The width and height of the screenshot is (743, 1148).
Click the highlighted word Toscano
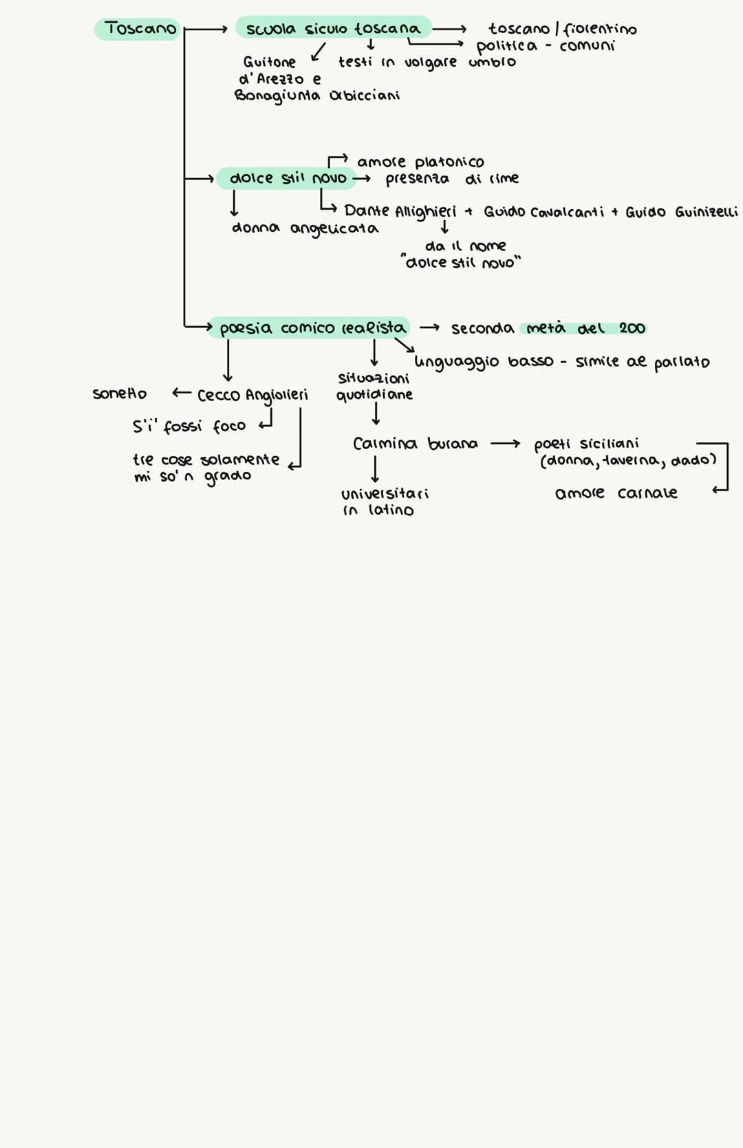(x=140, y=29)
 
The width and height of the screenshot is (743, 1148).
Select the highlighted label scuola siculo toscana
(x=333, y=29)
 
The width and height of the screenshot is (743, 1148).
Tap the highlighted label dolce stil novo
(x=288, y=179)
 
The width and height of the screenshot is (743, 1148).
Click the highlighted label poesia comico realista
(x=312, y=328)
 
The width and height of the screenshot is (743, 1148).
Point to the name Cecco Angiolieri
(x=252, y=396)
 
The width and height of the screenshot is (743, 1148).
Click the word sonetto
(x=120, y=394)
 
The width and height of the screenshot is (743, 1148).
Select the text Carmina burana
(x=415, y=444)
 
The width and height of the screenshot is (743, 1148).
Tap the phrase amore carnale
(x=616, y=493)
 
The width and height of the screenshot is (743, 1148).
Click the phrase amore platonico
(x=420, y=162)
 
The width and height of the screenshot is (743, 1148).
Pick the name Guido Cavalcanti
(x=543, y=212)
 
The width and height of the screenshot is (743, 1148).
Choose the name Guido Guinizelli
(x=681, y=212)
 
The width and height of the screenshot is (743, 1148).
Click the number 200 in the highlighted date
(x=632, y=329)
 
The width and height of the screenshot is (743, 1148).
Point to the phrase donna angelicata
(x=305, y=228)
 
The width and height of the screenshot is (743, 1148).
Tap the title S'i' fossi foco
(x=189, y=426)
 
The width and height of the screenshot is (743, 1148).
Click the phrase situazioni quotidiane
(x=374, y=387)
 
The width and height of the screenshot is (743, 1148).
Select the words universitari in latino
(x=384, y=502)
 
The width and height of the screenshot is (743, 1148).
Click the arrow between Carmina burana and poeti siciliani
(x=506, y=444)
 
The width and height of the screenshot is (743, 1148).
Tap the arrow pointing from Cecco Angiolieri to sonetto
(x=181, y=393)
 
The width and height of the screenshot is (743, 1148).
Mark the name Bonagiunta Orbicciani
(x=317, y=96)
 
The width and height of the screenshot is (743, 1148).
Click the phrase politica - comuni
(x=546, y=46)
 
